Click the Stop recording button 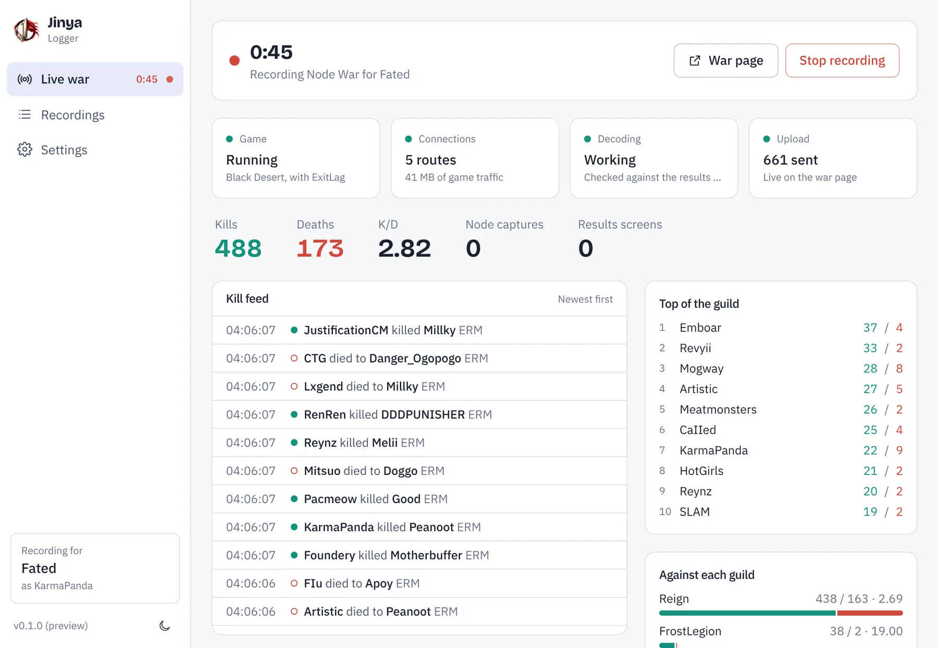pos(842,60)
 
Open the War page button pos(726,60)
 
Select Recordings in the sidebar pos(72,115)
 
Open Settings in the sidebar pos(64,150)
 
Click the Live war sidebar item pos(95,79)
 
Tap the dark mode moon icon pos(165,626)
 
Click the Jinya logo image pos(26,30)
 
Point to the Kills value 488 pos(238,248)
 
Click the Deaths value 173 pos(320,248)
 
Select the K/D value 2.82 pos(404,248)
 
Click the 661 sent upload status pos(791,160)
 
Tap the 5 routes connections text pos(430,160)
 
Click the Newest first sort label pos(585,300)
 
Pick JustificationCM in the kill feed pos(346,330)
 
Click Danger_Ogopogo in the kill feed pos(415,359)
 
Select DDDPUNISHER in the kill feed pos(423,415)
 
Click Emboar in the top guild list pos(700,328)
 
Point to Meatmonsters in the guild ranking pos(718,409)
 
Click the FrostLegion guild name pos(690,631)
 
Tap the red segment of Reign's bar pos(870,613)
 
